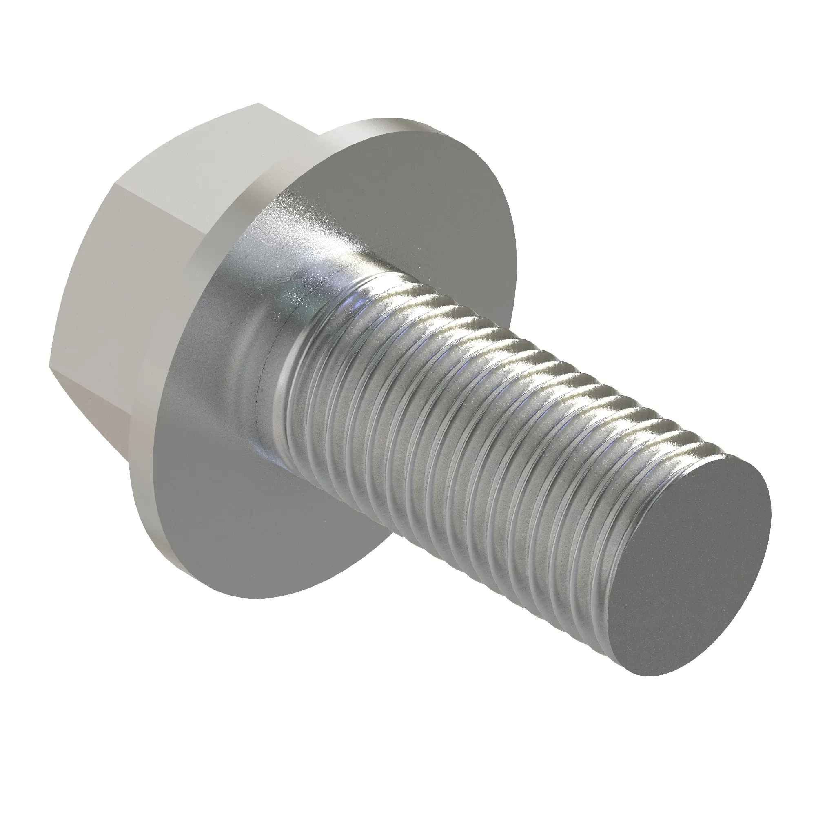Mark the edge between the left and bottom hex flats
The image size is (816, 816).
[63, 372]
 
